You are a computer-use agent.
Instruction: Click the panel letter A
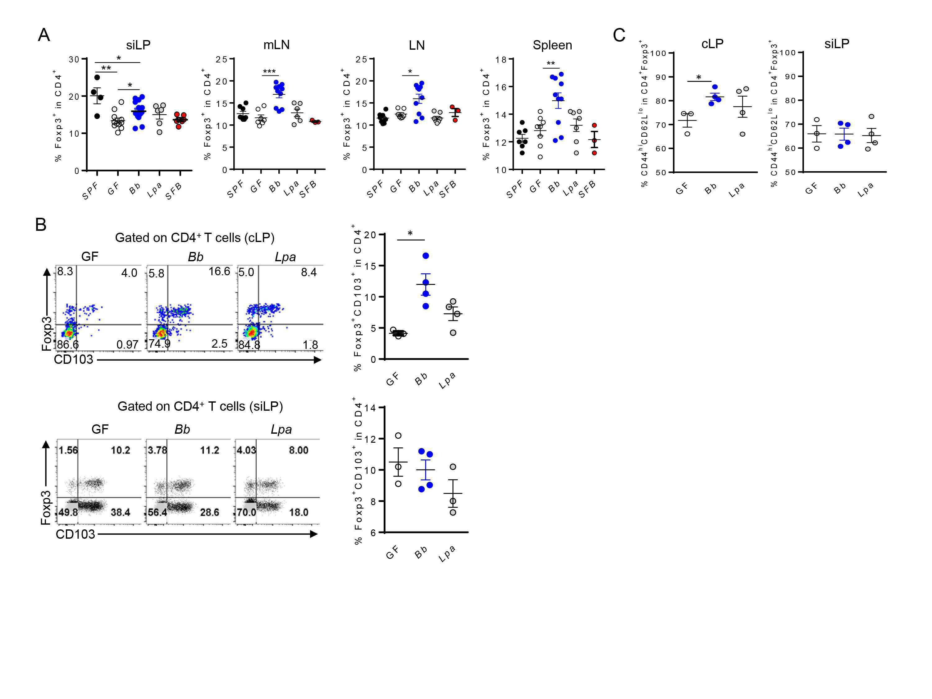(x=44, y=35)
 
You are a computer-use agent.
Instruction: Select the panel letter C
(x=619, y=35)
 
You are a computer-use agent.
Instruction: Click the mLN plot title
(x=276, y=45)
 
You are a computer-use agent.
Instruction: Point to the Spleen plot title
(x=552, y=45)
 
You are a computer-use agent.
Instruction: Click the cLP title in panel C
(x=712, y=43)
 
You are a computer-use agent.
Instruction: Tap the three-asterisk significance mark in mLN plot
(x=269, y=72)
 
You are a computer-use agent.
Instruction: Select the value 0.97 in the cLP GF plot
(x=127, y=345)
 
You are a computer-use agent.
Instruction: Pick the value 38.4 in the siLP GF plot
(x=121, y=512)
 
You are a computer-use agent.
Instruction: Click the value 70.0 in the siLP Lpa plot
(x=246, y=512)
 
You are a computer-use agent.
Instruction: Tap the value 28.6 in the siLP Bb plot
(x=209, y=512)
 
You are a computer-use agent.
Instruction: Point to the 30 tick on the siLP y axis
(x=74, y=59)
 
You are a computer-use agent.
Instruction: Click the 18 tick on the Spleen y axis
(x=501, y=59)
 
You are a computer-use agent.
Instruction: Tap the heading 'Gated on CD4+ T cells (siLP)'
(x=200, y=406)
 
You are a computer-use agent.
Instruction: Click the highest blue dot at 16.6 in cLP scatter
(x=426, y=256)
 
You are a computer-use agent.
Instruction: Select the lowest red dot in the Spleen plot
(x=594, y=153)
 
